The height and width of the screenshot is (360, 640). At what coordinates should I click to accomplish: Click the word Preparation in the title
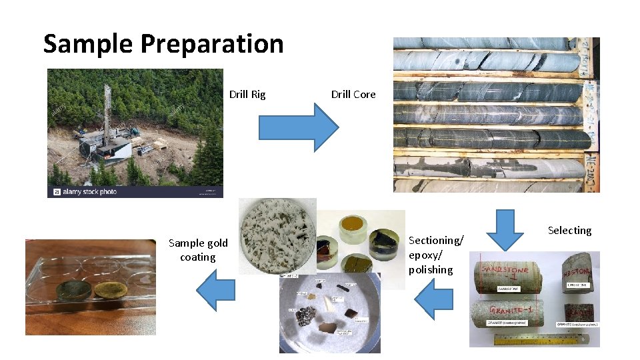(x=211, y=45)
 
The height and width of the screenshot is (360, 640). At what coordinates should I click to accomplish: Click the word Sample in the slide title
(x=88, y=44)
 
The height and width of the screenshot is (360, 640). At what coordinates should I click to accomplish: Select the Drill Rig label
(x=247, y=95)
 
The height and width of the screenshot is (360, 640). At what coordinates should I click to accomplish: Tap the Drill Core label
(x=353, y=95)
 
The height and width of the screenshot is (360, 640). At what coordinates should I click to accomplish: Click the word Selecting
(x=569, y=231)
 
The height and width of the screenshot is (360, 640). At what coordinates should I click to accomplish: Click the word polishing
(x=431, y=270)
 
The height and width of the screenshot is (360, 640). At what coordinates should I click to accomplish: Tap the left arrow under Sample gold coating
(x=215, y=291)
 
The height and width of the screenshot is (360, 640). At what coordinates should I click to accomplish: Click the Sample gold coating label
(x=198, y=250)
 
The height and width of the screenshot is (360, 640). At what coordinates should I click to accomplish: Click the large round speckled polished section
(x=277, y=237)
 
